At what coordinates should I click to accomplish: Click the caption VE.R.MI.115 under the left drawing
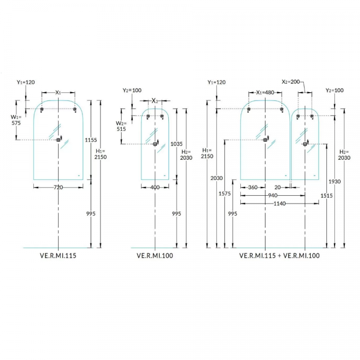coord(58,255)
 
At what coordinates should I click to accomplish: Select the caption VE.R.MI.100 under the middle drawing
coord(155,255)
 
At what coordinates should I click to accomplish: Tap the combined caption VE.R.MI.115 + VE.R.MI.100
coord(279,255)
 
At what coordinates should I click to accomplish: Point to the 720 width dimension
coord(58,187)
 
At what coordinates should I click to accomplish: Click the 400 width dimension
coord(155,187)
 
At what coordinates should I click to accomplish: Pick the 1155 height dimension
coord(91,140)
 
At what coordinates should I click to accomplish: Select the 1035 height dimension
coord(176,144)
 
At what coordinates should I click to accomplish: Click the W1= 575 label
coord(16,119)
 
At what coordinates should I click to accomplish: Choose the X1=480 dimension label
coord(265,92)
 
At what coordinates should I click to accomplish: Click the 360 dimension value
coord(252,187)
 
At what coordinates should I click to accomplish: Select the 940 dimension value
coord(273,195)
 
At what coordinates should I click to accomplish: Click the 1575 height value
coord(225,193)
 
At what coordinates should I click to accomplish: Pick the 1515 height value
coord(326,195)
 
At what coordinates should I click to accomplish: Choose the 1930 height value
coord(334,181)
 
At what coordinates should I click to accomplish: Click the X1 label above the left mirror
coord(58,92)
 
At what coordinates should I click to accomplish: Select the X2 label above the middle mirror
coord(155,100)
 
